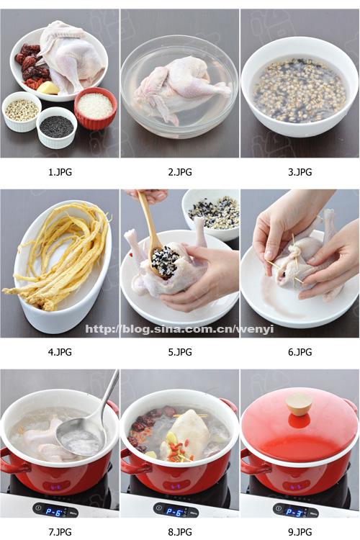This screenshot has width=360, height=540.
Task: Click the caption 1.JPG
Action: [60, 172]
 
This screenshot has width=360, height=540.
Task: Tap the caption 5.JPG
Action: [180, 352]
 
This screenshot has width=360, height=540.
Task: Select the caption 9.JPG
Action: [300, 532]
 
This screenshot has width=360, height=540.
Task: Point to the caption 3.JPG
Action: [300, 172]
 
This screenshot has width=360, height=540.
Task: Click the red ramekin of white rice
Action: [96, 108]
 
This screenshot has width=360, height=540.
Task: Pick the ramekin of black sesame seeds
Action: [56, 127]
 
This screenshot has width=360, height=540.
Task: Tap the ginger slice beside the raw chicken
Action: [48, 87]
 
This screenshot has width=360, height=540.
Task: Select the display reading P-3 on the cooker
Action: [294, 511]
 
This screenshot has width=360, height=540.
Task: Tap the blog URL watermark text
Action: [179, 329]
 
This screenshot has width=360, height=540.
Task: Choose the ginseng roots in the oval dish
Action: [60, 255]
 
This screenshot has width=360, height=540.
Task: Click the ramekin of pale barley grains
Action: [22, 112]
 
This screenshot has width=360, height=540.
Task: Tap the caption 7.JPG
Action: [60, 532]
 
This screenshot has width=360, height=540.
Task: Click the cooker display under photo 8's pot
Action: [174, 511]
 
